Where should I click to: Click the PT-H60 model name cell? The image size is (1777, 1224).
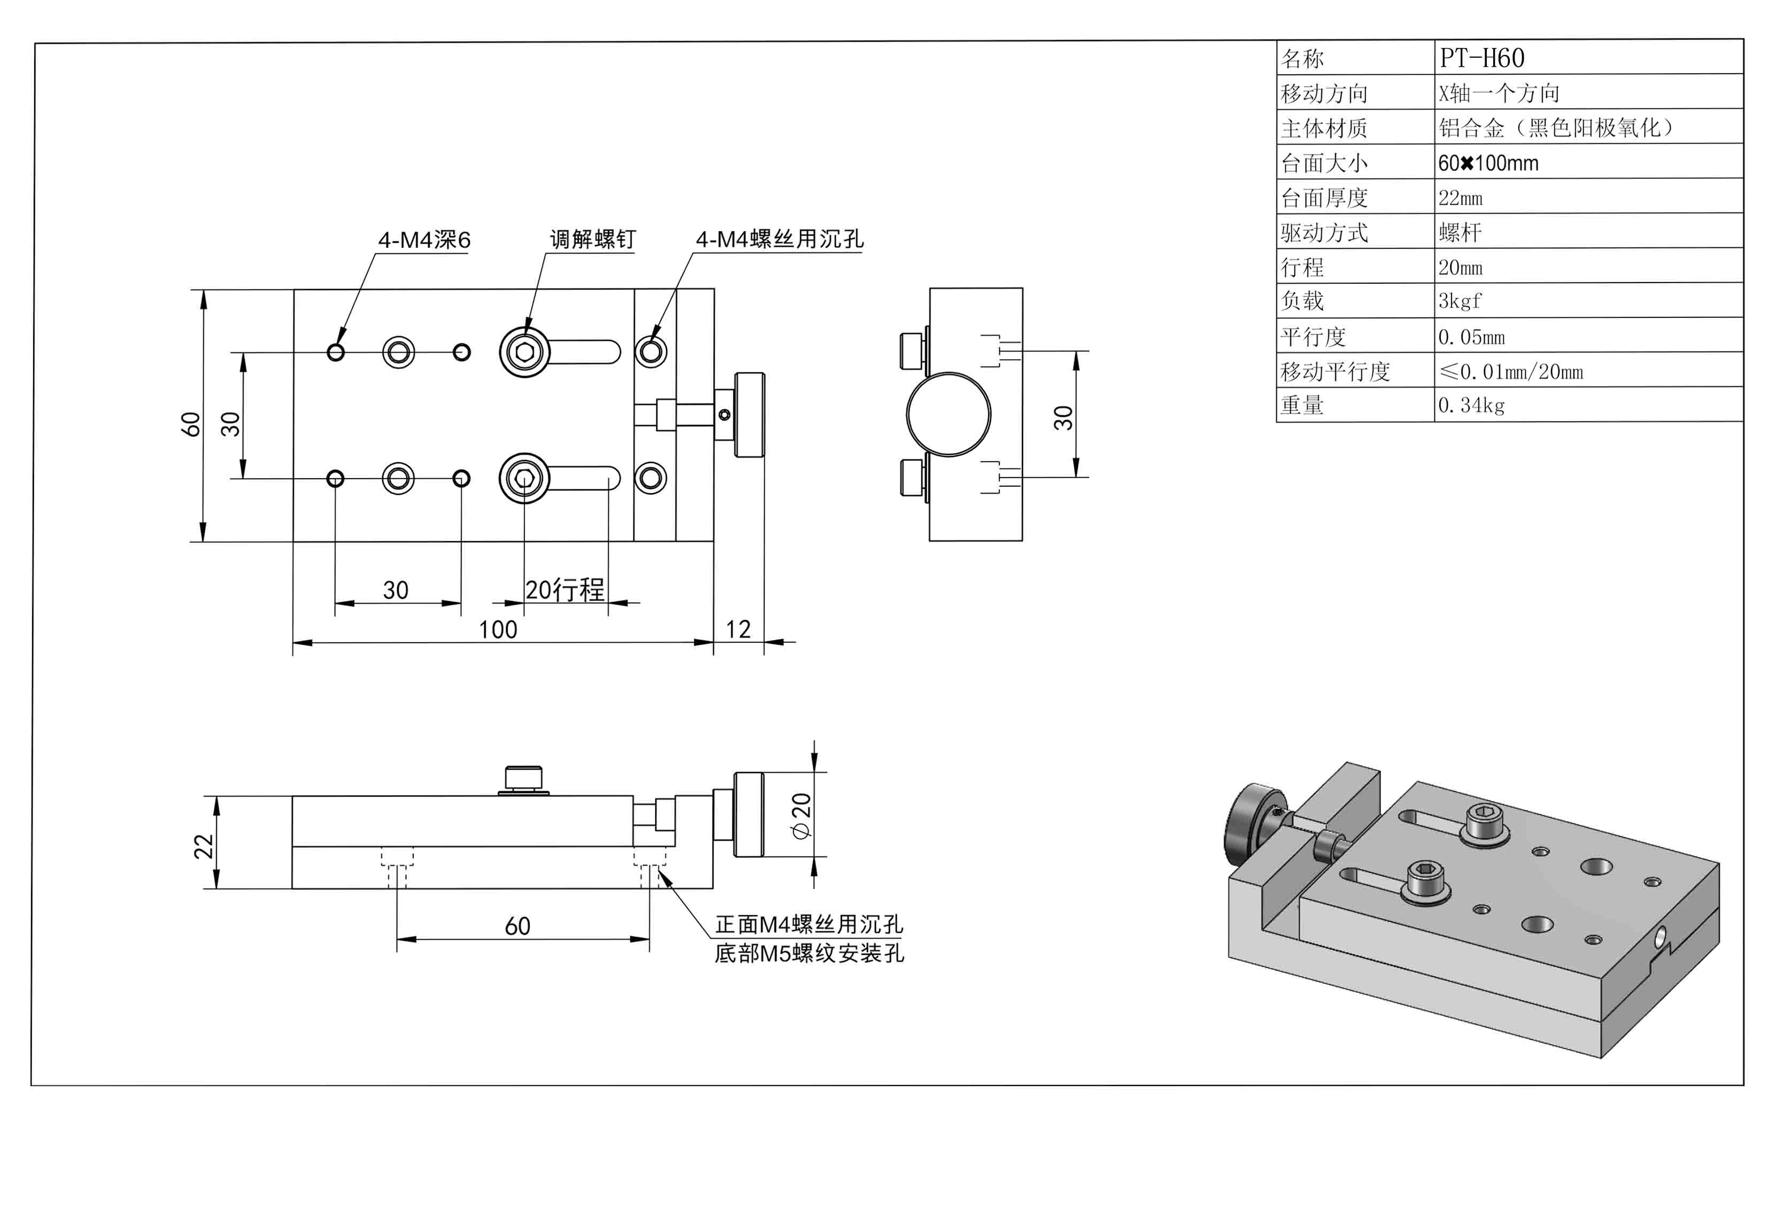pos(1482,58)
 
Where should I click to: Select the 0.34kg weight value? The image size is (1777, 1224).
pos(1471,405)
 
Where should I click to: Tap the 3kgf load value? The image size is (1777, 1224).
pos(1460,301)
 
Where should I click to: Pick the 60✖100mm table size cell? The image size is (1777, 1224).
pos(1488,162)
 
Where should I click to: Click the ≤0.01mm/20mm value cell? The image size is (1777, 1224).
pos(1511,372)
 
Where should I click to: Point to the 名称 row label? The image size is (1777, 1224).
pos(1303,58)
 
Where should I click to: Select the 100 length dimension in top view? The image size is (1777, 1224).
pos(498,630)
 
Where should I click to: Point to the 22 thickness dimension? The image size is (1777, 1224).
pos(203,845)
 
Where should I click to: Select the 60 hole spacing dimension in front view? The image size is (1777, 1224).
pos(518,926)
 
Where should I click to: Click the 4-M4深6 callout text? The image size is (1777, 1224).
pos(424,240)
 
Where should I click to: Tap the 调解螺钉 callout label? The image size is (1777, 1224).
pos(592,239)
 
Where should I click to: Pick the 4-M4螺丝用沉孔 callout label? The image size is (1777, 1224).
pos(779,239)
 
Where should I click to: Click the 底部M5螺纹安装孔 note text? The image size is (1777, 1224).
pos(809,953)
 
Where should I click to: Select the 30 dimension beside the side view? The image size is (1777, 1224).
pos(1063,417)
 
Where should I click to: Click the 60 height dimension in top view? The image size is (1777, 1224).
pos(190,424)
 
